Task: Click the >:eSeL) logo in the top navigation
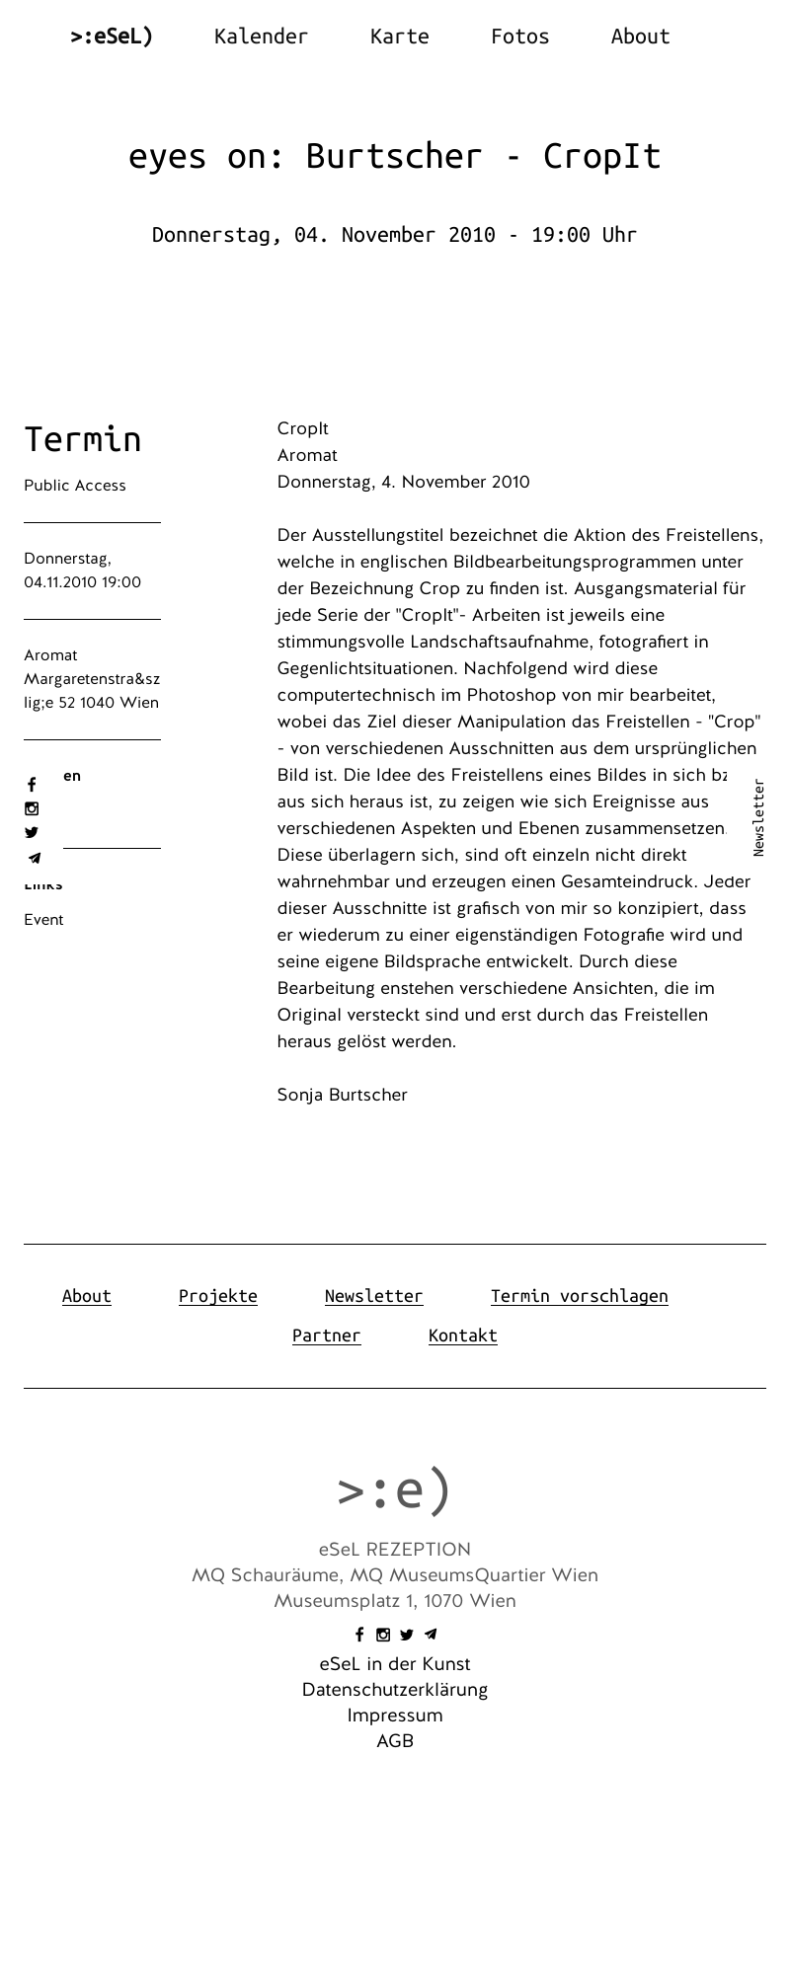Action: (x=112, y=37)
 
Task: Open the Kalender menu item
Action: (x=261, y=37)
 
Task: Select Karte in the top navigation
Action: (x=399, y=37)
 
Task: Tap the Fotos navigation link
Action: (x=519, y=37)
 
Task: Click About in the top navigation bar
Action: (x=640, y=37)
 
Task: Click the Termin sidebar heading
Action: (x=83, y=439)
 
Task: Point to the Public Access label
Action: (x=75, y=486)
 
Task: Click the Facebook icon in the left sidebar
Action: (x=32, y=785)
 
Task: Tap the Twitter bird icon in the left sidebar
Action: (x=32, y=832)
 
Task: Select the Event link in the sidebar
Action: (x=43, y=920)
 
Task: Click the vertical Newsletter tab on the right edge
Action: (x=758, y=817)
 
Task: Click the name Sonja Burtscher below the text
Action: (x=342, y=1095)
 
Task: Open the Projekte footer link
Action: (x=217, y=1296)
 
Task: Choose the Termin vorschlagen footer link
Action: (x=579, y=1296)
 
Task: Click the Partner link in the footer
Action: (x=326, y=1335)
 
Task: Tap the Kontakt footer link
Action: (x=462, y=1335)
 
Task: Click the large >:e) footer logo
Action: (x=394, y=1489)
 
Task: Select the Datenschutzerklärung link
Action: (x=395, y=1690)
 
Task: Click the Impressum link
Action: (x=395, y=1716)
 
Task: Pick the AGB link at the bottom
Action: (x=395, y=1741)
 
